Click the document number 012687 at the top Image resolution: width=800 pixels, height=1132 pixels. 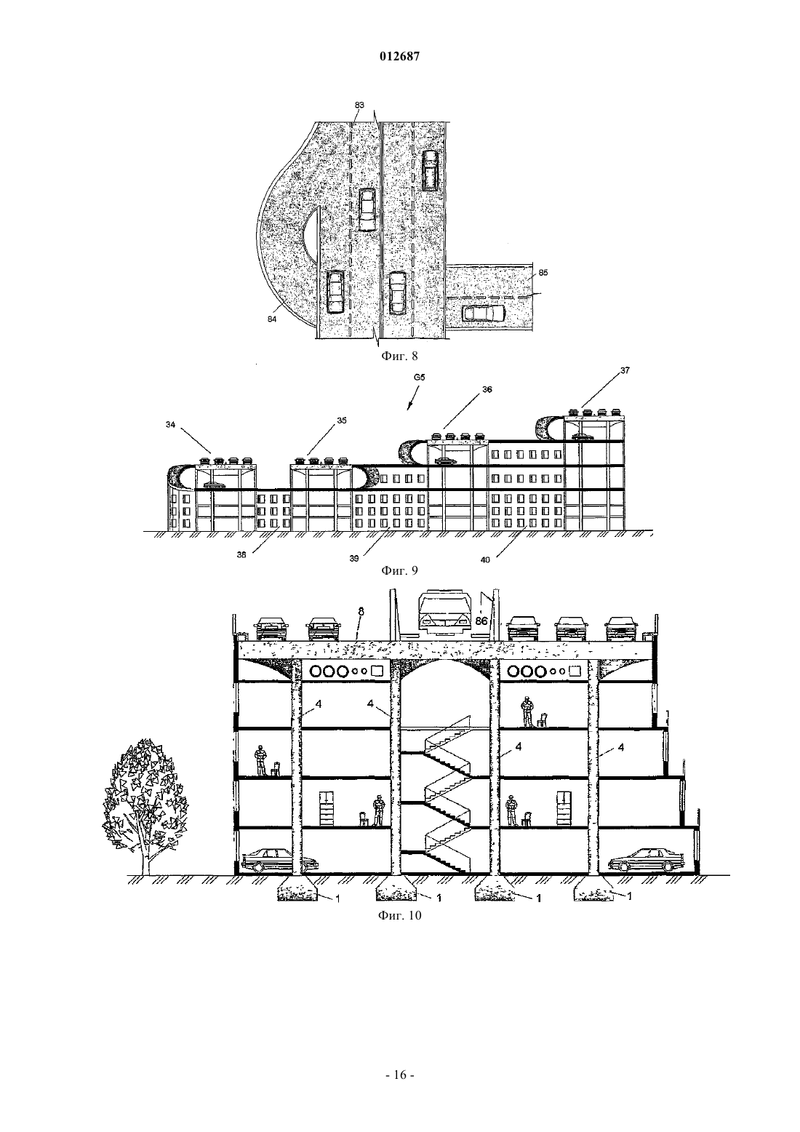pyautogui.click(x=399, y=57)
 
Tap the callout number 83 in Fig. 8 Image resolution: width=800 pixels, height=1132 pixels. pyautogui.click(x=359, y=105)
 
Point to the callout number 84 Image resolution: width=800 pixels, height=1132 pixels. pyautogui.click(x=272, y=319)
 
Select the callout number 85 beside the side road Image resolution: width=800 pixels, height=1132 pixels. pyautogui.click(x=543, y=272)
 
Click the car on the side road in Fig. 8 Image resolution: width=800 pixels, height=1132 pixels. pyautogui.click(x=484, y=314)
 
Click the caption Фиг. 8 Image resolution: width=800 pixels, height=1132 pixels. pyautogui.click(x=399, y=356)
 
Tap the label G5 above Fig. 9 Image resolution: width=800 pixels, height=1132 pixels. pyautogui.click(x=419, y=378)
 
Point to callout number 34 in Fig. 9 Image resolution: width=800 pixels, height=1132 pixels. pyautogui.click(x=170, y=425)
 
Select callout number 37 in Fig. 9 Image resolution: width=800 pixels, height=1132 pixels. pyautogui.click(x=625, y=370)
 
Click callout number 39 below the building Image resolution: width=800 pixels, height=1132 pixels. pyautogui.click(x=354, y=559)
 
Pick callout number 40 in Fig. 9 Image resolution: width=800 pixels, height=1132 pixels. pyautogui.click(x=485, y=560)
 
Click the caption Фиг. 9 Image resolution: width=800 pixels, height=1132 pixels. pyautogui.click(x=399, y=570)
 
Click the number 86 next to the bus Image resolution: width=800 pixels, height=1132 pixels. pyautogui.click(x=481, y=621)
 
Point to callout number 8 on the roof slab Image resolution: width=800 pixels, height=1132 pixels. pyautogui.click(x=361, y=612)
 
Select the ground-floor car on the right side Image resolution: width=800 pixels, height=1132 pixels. pyautogui.click(x=642, y=860)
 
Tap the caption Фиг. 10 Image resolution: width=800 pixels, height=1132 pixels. pyautogui.click(x=399, y=916)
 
